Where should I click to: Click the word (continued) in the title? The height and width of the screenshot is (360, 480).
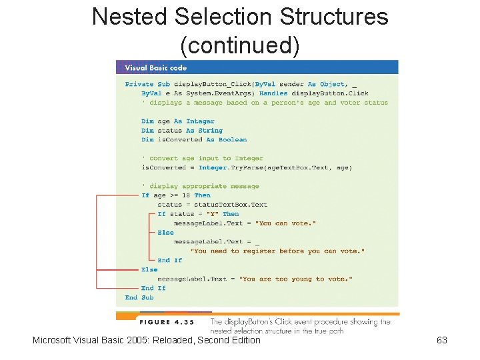240,45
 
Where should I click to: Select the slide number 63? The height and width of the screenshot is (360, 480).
441,341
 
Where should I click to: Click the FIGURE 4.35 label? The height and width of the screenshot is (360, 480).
166,322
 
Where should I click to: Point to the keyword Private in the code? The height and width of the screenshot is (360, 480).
139,84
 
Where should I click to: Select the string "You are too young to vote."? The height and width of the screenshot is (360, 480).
297,279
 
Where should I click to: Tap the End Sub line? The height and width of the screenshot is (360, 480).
139,298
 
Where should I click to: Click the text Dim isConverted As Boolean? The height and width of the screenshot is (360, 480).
194,140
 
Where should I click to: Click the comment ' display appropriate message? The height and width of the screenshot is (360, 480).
201,187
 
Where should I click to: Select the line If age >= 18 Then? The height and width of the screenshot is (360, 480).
176,195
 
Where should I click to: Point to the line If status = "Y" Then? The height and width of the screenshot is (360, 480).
198,214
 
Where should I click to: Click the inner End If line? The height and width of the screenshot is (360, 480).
169,261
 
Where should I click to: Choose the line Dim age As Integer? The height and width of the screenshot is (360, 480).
178,121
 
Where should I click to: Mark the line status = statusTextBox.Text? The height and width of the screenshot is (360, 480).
212,205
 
